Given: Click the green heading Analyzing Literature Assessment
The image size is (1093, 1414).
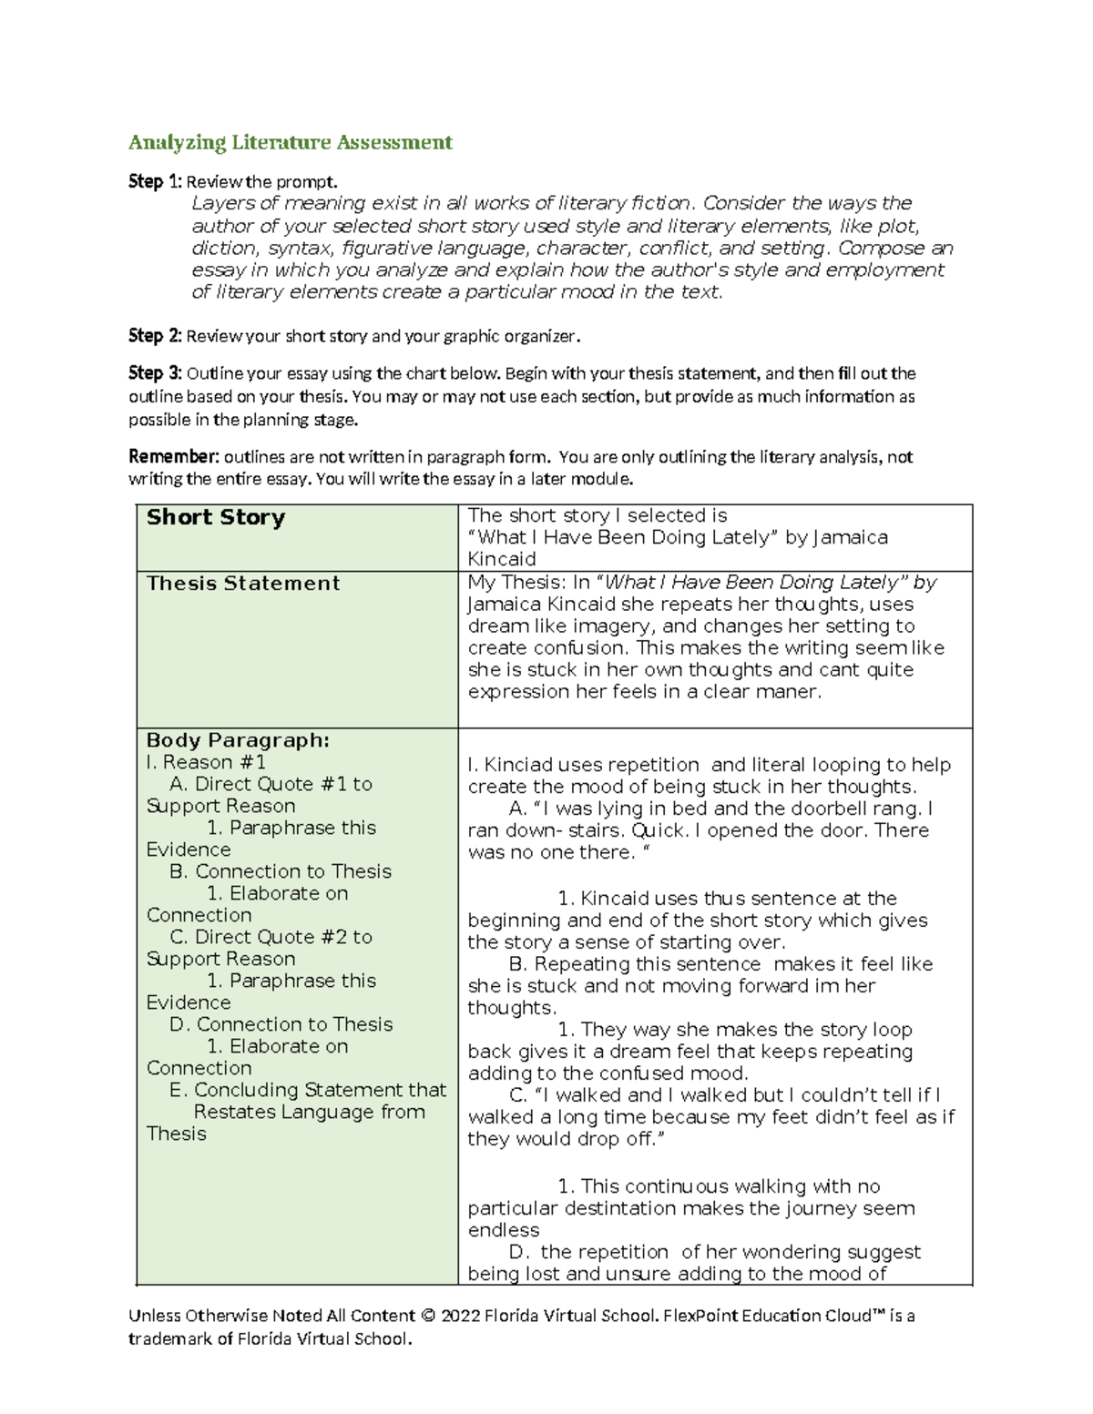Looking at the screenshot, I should pos(290,142).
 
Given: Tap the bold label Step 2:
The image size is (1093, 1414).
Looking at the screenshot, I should pos(155,336).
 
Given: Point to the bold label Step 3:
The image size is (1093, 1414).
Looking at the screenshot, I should pos(155,373).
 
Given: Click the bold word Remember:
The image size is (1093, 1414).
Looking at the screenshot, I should pos(174,457).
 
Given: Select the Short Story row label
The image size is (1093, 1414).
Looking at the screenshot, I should pos(216,517).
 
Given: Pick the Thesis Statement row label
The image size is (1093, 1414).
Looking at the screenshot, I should pos(243,584).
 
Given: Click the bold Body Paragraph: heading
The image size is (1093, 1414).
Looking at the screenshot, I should pos(238,740).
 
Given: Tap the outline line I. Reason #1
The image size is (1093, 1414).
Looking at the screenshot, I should pos(206,762).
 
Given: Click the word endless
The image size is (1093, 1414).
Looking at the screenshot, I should pos(503,1230).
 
